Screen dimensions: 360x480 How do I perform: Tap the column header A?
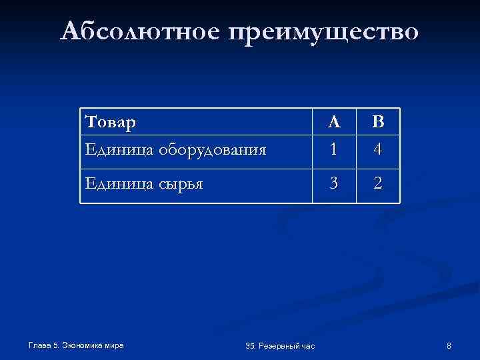tap(335, 122)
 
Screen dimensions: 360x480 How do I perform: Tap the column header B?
tap(378, 122)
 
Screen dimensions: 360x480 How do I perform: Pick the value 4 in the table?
tap(378, 149)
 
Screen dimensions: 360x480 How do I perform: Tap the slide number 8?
tap(449, 345)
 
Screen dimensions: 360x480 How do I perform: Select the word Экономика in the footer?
tap(84, 345)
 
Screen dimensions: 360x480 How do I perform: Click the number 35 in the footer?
tap(251, 345)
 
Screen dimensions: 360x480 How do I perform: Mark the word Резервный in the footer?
tap(280, 345)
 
